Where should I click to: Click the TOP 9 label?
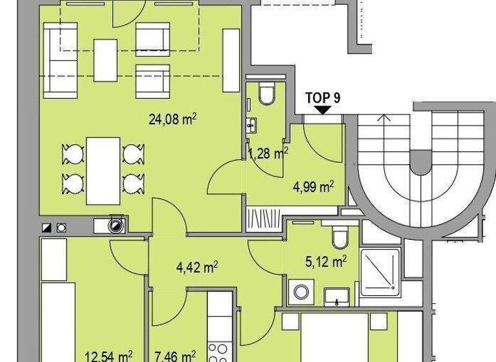pyautogui.click(x=323, y=98)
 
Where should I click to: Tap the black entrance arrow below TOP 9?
pyautogui.click(x=322, y=110)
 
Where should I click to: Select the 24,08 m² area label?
pyautogui.click(x=170, y=118)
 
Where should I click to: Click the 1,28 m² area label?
pyautogui.click(x=268, y=153)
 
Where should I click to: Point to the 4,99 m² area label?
pyautogui.click(x=313, y=187)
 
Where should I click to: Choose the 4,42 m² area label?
pyautogui.click(x=196, y=266)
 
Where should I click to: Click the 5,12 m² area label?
pyautogui.click(x=325, y=261)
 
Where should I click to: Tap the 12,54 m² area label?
pyautogui.click(x=109, y=355)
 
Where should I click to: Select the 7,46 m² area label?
pyautogui.click(x=175, y=355)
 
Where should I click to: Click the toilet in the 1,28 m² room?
pyautogui.click(x=266, y=96)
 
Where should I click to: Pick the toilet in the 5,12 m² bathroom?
pyautogui.click(x=340, y=237)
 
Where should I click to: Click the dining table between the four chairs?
pyautogui.click(x=103, y=170)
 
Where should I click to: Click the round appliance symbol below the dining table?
pyautogui.click(x=115, y=225)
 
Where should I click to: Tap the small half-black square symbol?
pyautogui.click(x=46, y=227)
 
